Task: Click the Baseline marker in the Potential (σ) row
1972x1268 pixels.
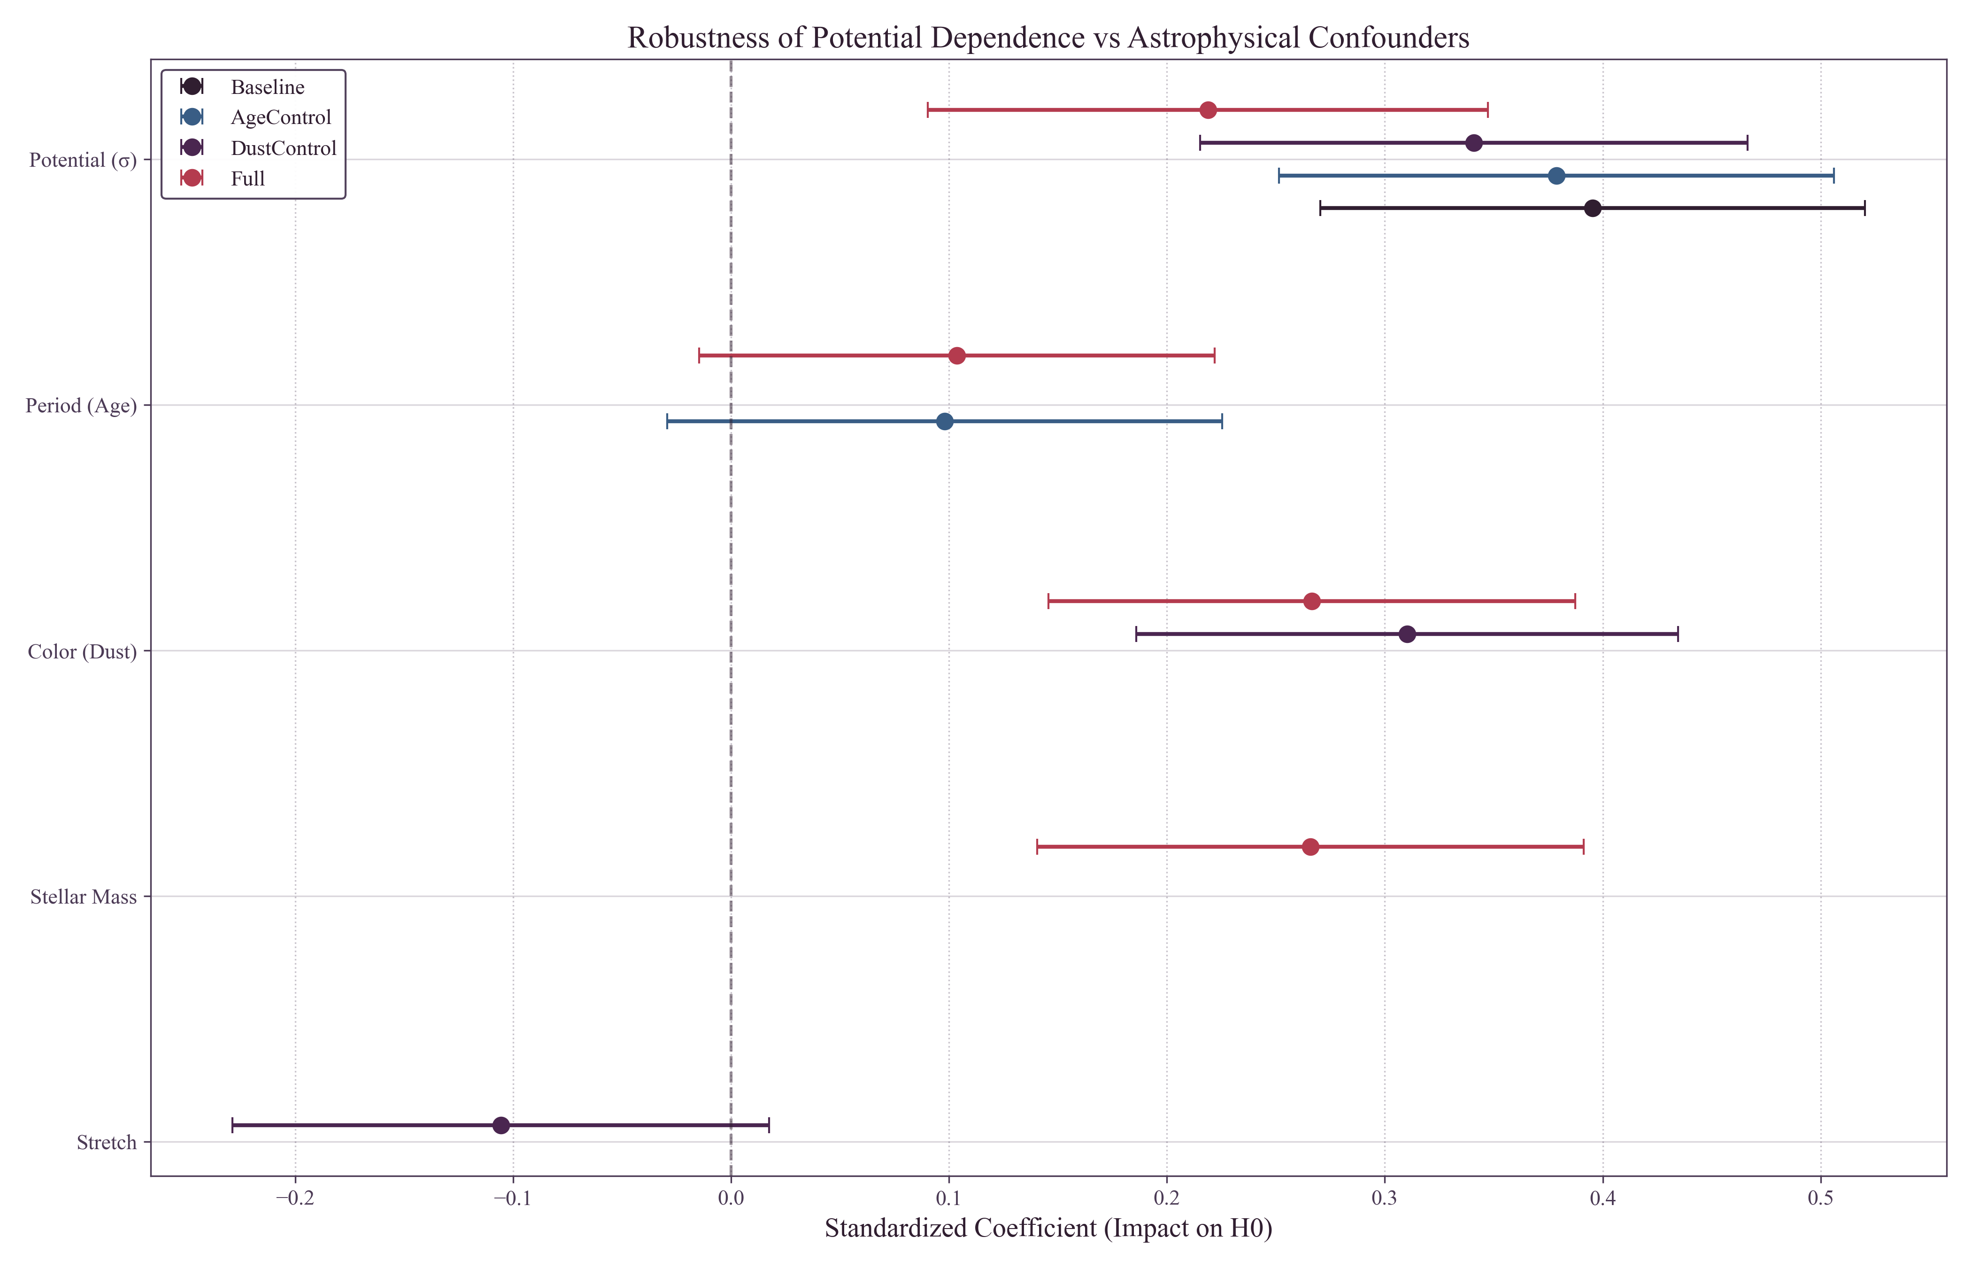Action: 1592,209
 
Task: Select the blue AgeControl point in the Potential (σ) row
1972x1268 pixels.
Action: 1556,175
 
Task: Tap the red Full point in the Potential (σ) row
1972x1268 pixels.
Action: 1208,110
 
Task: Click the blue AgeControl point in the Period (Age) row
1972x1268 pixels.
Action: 944,422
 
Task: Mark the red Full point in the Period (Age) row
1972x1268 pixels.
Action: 956,356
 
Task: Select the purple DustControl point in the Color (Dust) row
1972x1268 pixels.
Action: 1407,634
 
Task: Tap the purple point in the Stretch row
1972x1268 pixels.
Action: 501,1126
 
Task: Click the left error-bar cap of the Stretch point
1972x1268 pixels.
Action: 233,1126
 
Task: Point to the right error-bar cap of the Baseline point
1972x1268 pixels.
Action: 1864,209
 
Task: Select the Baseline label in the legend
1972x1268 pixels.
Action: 268,87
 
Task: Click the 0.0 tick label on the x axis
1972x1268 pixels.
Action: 730,1198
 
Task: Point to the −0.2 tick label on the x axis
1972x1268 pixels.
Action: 295,1198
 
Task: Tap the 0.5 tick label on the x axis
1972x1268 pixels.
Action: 1820,1198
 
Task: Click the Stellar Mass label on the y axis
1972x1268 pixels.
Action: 83,897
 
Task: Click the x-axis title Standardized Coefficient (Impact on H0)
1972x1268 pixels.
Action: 1048,1229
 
